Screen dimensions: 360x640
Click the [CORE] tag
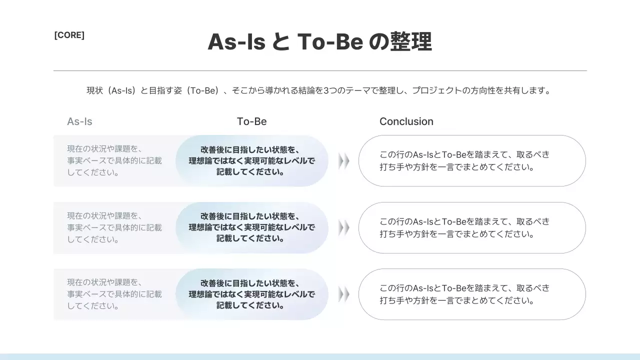click(69, 35)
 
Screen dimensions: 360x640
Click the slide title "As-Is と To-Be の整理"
click(319, 42)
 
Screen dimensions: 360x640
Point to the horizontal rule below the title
click(320, 70)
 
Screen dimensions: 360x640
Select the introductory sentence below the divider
click(318, 90)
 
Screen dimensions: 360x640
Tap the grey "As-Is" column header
click(79, 121)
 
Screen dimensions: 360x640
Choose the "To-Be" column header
click(251, 121)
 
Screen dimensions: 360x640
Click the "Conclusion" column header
click(406, 121)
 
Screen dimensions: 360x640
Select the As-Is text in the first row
click(114, 160)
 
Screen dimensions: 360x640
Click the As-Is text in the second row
click(114, 227)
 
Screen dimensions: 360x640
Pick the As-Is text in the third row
click(114, 294)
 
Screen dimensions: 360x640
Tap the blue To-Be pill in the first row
click(252, 161)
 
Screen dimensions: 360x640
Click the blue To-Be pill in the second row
click(252, 227)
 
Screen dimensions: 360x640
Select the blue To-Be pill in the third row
click(252, 294)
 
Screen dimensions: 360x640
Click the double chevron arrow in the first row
click(343, 161)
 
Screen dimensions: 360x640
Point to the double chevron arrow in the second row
click(343, 228)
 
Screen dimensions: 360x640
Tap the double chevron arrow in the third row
click(343, 294)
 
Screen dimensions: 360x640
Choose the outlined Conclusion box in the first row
click(472, 161)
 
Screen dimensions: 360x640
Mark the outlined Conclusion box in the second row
click(472, 227)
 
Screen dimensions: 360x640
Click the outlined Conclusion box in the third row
click(472, 294)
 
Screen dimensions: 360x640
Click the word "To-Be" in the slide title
click(330, 42)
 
